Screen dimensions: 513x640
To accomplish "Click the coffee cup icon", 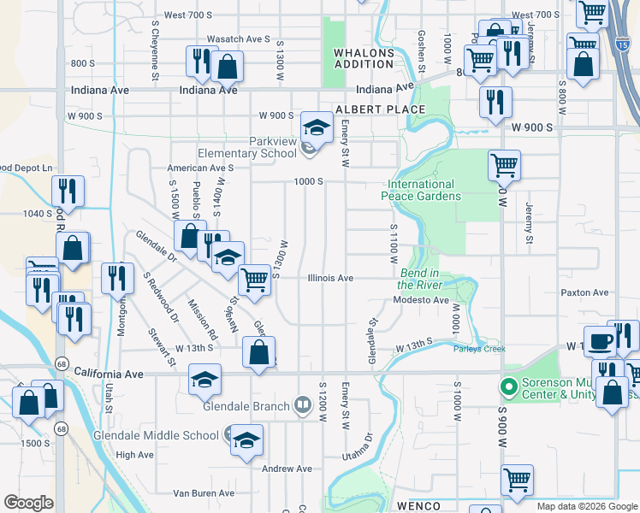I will click(600, 339).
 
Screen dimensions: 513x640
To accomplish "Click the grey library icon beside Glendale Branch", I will click(302, 404).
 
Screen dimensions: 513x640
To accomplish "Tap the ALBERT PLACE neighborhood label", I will click(380, 109).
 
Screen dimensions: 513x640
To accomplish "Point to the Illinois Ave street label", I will click(330, 278).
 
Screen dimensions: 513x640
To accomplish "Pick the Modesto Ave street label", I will click(421, 300).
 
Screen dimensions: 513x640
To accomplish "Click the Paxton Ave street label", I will click(584, 292).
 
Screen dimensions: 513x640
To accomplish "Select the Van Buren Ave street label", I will click(204, 493).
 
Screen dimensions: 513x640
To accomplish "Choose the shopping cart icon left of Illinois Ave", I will click(254, 279).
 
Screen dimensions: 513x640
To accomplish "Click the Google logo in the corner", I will click(28, 503).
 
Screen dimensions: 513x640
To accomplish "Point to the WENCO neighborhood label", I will click(418, 506).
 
